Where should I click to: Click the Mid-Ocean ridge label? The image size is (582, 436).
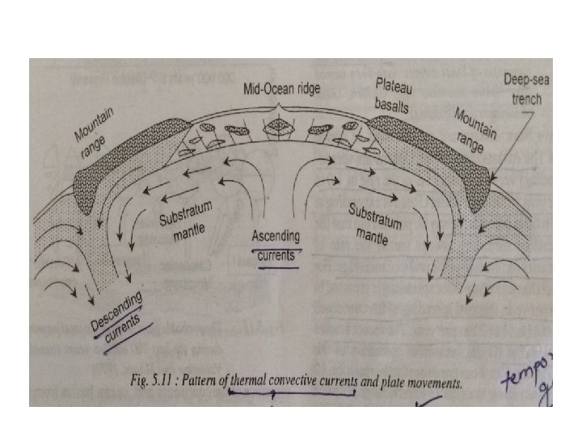tap(282, 90)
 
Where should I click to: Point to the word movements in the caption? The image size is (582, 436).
tap(433, 383)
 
